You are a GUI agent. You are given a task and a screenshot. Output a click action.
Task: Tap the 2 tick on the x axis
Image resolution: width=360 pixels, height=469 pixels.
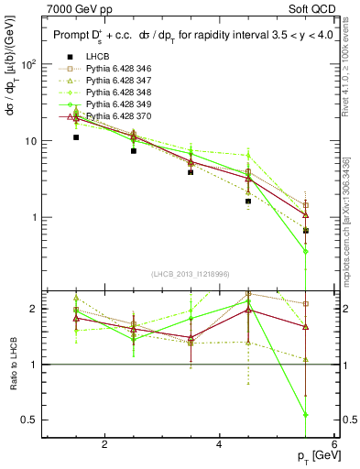tap(104, 445)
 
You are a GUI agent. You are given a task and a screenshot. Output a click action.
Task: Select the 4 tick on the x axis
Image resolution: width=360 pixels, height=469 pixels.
tap(219, 445)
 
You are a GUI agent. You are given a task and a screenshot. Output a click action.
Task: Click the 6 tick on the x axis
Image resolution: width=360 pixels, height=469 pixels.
tap(333, 445)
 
